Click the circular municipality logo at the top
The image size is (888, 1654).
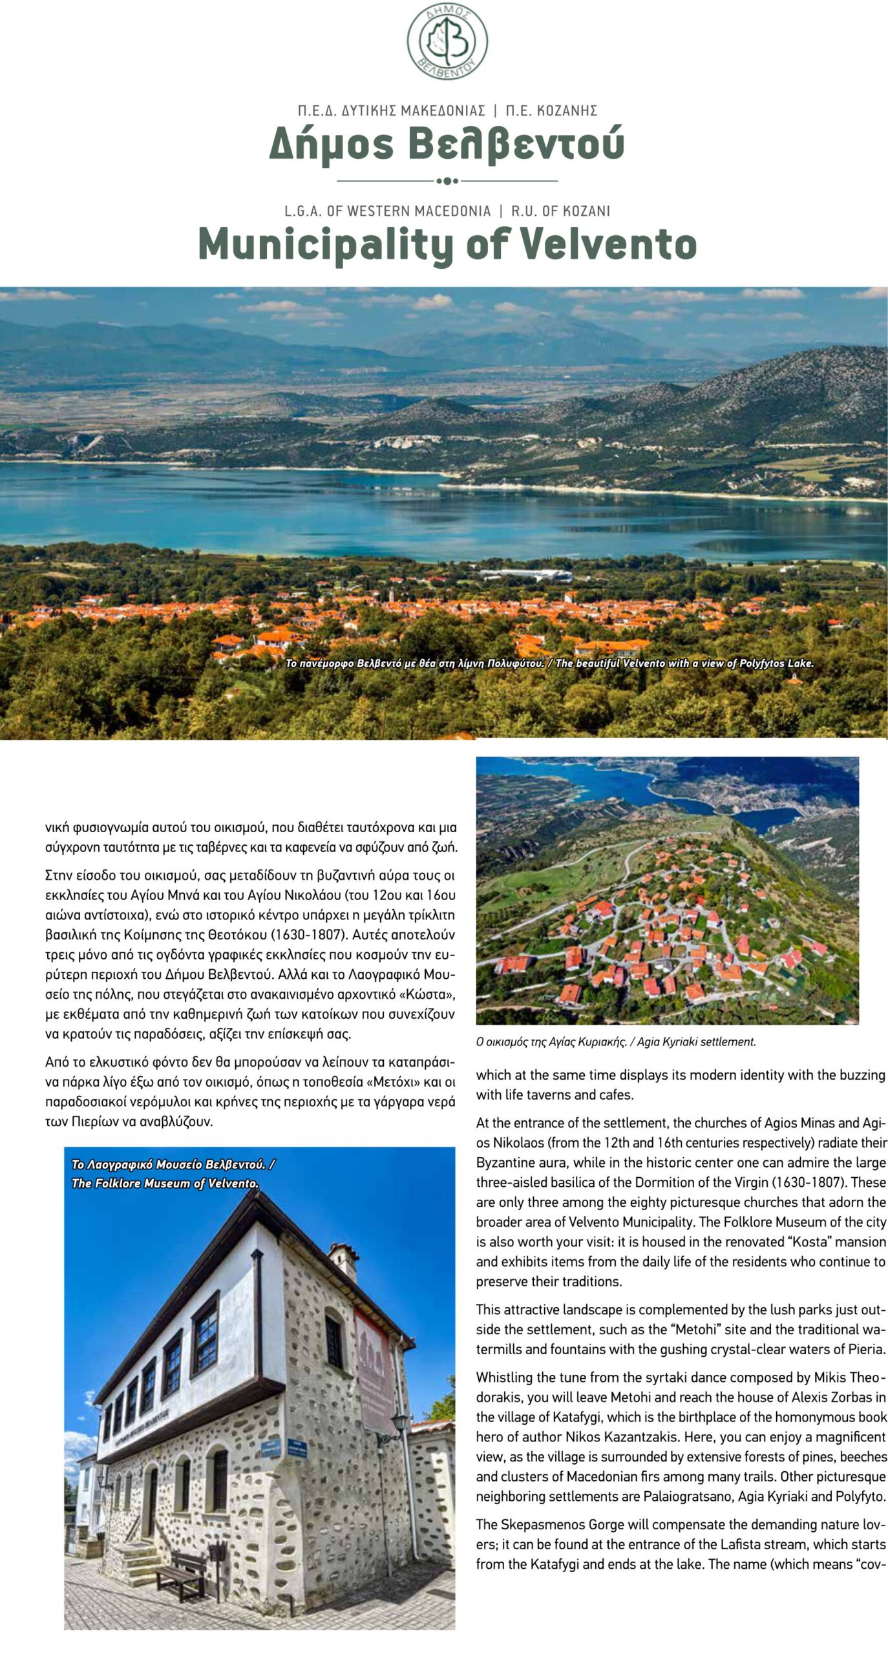click(447, 41)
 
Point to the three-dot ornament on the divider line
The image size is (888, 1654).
click(447, 181)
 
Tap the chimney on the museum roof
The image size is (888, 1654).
click(344, 1261)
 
